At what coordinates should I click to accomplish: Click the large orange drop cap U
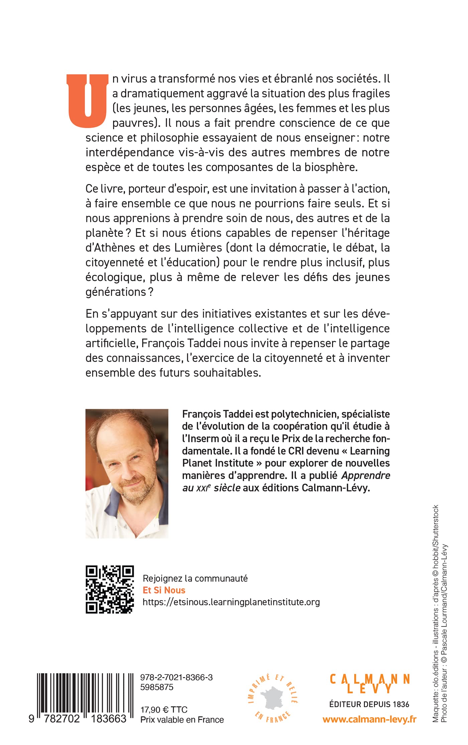(x=88, y=100)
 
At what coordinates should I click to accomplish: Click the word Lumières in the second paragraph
(x=198, y=248)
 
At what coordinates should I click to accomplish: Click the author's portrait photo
(x=127, y=473)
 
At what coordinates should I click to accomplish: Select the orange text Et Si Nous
(x=164, y=590)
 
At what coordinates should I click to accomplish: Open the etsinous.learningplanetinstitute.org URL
(x=231, y=602)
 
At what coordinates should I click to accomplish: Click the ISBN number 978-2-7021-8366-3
(x=176, y=677)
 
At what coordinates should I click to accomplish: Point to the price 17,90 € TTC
(x=164, y=710)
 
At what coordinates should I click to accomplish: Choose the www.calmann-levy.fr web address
(x=369, y=720)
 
